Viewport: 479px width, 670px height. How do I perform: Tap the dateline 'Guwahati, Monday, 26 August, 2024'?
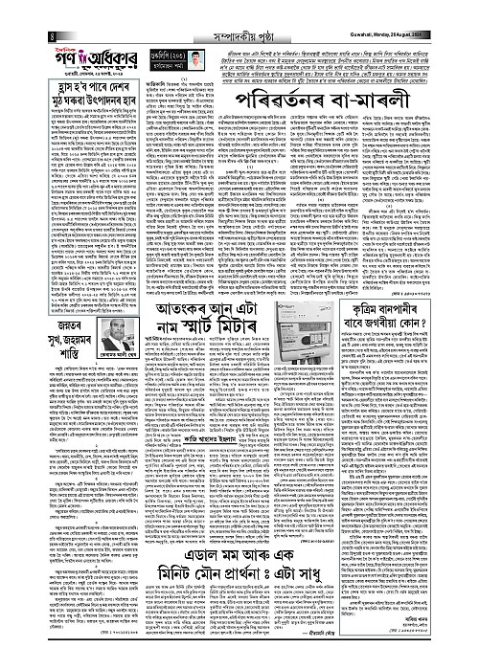(421, 10)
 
